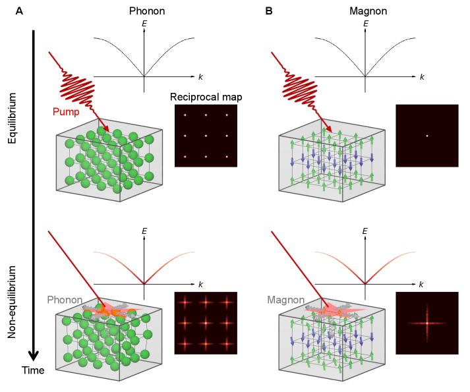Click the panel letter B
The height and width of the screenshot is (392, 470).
(269, 11)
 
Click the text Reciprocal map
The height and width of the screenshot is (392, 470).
(206, 97)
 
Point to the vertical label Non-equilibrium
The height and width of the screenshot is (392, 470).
(12, 298)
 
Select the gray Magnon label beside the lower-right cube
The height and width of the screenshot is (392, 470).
(285, 300)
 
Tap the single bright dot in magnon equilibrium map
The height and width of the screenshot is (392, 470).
(426, 136)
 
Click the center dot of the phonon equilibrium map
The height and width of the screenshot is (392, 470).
(206, 136)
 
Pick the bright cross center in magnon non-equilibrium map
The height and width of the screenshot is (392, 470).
(426, 323)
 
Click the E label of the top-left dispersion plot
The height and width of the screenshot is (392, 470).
(144, 24)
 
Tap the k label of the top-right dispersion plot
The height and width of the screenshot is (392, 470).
(422, 77)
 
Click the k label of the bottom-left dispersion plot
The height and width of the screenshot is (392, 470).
(201, 284)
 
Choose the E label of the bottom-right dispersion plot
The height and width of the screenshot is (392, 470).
(365, 232)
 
